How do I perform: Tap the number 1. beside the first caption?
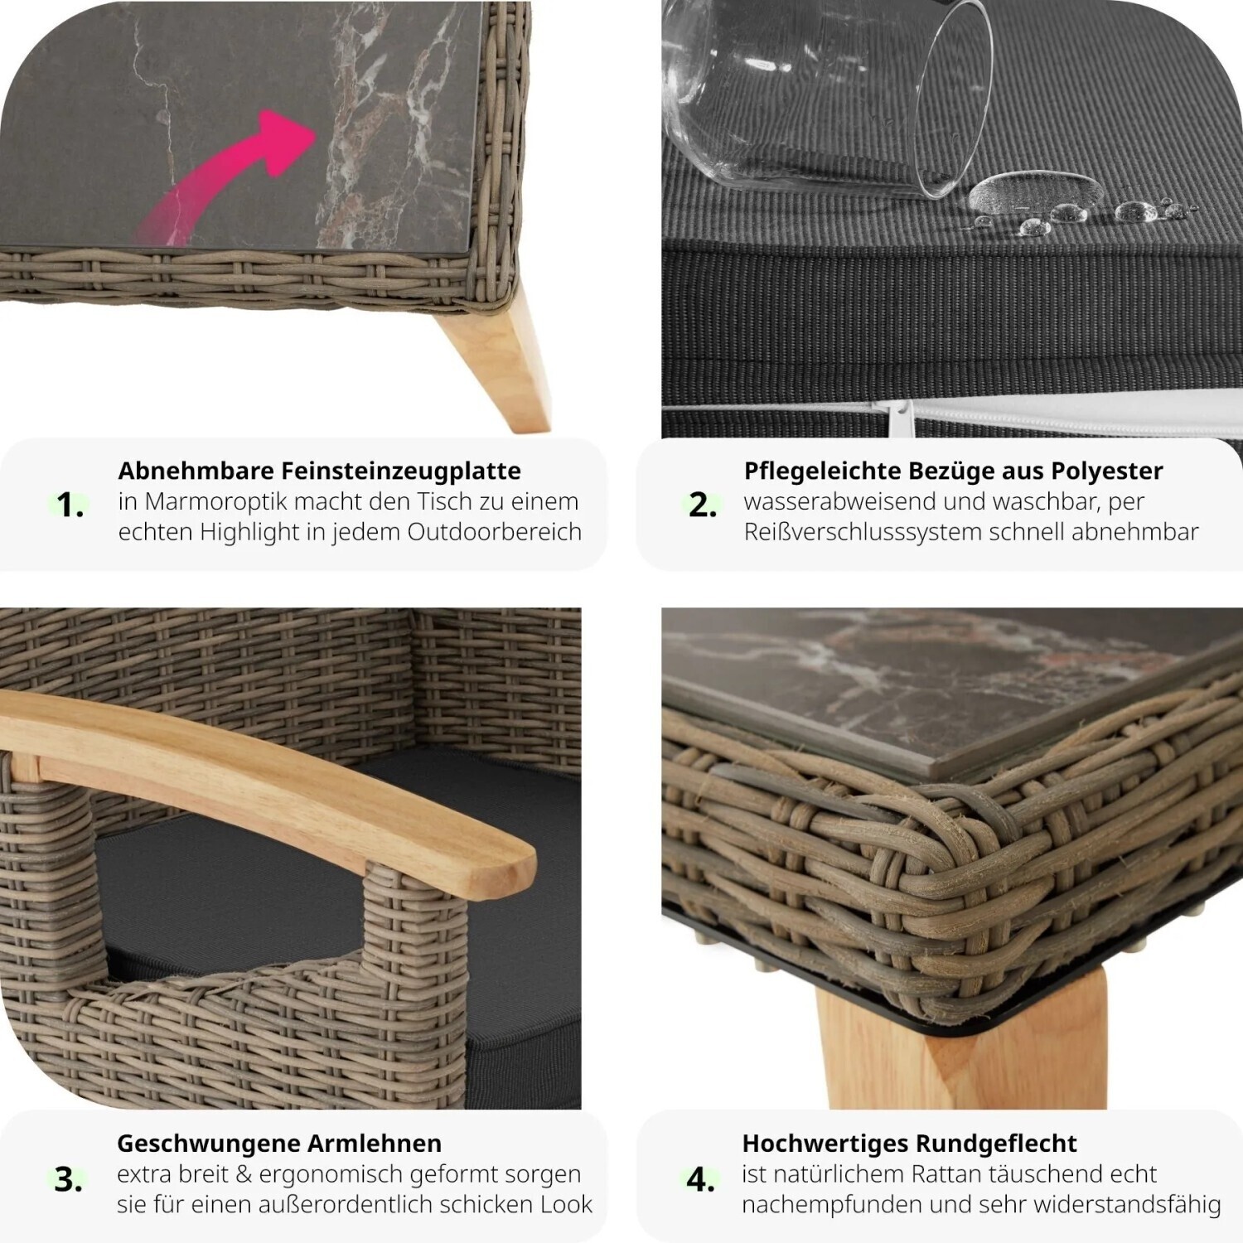coord(70,505)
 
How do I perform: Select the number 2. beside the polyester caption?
coord(703,505)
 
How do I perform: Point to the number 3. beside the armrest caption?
coord(68,1178)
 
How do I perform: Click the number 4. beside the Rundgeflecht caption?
coord(700,1178)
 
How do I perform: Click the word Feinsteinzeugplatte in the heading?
coord(401,471)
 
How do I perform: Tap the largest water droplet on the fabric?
coord(1035,192)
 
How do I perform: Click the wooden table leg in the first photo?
coord(492,356)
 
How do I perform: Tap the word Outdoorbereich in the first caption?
coord(495,532)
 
